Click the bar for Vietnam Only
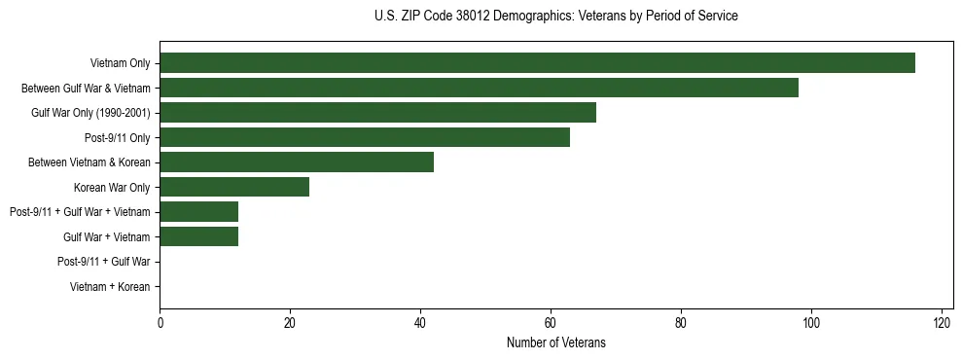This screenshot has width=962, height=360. [537, 63]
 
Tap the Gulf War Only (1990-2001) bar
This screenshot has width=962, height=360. [377, 113]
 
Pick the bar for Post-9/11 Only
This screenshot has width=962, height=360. [365, 137]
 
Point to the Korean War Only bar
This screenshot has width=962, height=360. [234, 187]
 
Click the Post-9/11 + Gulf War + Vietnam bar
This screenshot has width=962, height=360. [198, 212]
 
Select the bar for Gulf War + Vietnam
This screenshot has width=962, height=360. [198, 236]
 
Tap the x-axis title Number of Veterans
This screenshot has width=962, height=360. [555, 343]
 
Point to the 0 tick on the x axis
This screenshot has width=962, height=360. [160, 324]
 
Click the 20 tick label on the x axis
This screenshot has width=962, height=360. [290, 324]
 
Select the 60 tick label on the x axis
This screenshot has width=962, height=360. [551, 324]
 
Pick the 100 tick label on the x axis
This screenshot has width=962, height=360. [811, 324]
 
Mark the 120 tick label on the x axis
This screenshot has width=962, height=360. [942, 324]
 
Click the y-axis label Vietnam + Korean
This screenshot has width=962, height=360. [110, 287]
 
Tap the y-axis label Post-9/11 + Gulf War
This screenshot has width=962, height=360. [103, 262]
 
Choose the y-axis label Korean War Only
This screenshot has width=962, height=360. [112, 187]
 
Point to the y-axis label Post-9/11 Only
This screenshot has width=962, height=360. [117, 137]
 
